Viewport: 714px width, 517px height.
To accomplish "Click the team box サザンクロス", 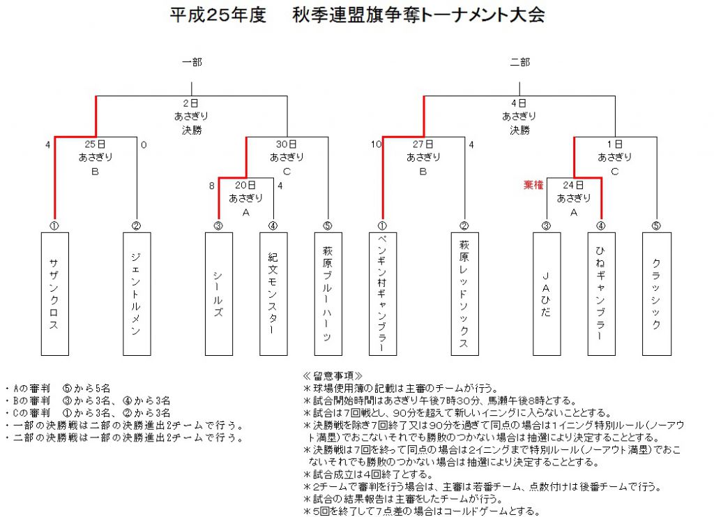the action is click(54, 294).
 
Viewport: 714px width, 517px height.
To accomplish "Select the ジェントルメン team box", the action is click(137, 294).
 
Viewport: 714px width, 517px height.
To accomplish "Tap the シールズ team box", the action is click(218, 294).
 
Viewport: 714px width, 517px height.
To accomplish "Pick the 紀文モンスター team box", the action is click(273, 294).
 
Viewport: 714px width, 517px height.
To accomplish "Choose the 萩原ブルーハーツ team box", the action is click(328, 294).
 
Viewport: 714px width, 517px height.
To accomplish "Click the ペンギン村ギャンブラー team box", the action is click(383, 294).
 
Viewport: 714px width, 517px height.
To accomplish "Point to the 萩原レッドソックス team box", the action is click(464, 294).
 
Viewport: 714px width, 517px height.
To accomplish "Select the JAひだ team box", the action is click(547, 294).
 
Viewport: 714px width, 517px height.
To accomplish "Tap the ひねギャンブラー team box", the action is click(601, 294).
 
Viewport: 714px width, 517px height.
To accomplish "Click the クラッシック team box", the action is click(657, 294).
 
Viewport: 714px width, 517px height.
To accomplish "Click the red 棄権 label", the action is click(533, 185).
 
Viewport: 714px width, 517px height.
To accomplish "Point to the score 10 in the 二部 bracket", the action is click(376, 144).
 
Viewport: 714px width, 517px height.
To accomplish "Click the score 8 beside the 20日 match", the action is click(212, 186).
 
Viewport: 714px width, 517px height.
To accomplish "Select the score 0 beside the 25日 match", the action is click(144, 145).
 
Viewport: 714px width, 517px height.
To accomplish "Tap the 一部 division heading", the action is click(192, 62).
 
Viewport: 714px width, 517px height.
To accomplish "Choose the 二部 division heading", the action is click(519, 62).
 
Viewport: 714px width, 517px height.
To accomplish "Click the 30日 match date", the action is click(287, 144).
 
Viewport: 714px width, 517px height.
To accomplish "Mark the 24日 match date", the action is click(573, 185).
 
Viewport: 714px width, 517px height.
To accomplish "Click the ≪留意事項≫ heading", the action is click(333, 376).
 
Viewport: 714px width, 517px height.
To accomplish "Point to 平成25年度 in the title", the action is click(218, 15).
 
